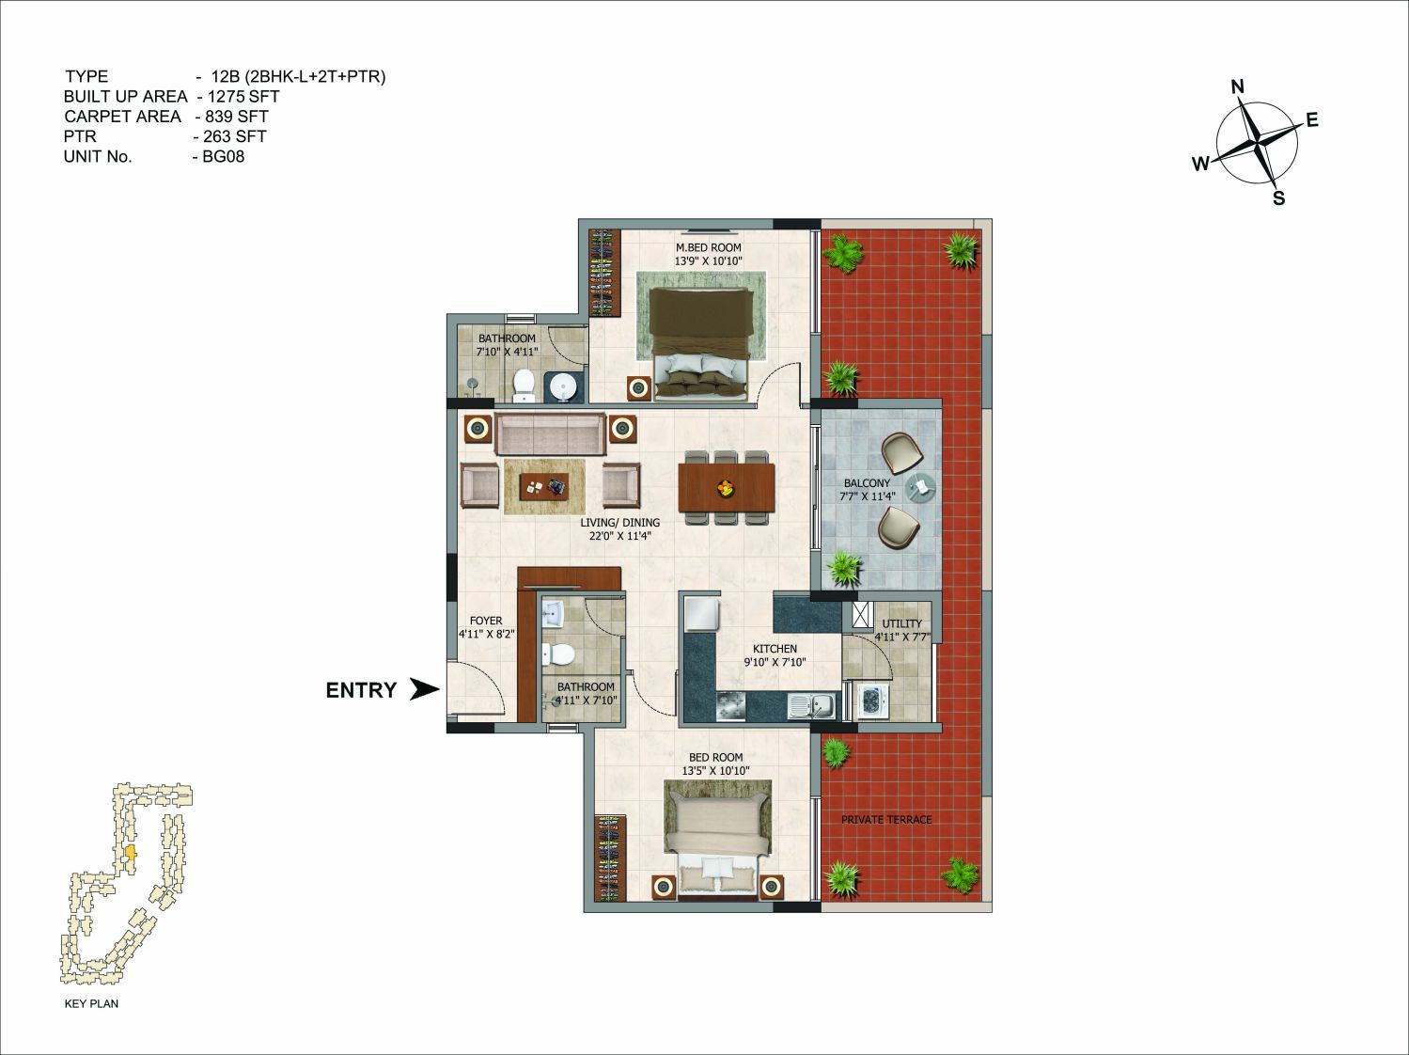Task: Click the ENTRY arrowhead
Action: point(425,689)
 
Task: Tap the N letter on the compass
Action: point(1238,87)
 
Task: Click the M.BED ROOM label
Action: point(708,247)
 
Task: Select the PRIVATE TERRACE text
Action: point(886,820)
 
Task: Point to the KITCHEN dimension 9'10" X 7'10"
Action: point(775,662)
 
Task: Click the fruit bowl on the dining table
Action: point(726,487)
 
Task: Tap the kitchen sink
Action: point(813,707)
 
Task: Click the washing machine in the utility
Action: point(873,700)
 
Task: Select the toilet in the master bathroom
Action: point(524,384)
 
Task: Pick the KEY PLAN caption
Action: point(91,1003)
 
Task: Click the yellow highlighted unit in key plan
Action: point(131,854)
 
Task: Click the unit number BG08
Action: point(224,157)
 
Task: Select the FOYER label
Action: point(486,621)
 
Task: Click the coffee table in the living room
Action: point(544,485)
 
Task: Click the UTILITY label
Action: point(901,623)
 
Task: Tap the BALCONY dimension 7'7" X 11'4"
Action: point(868,496)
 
